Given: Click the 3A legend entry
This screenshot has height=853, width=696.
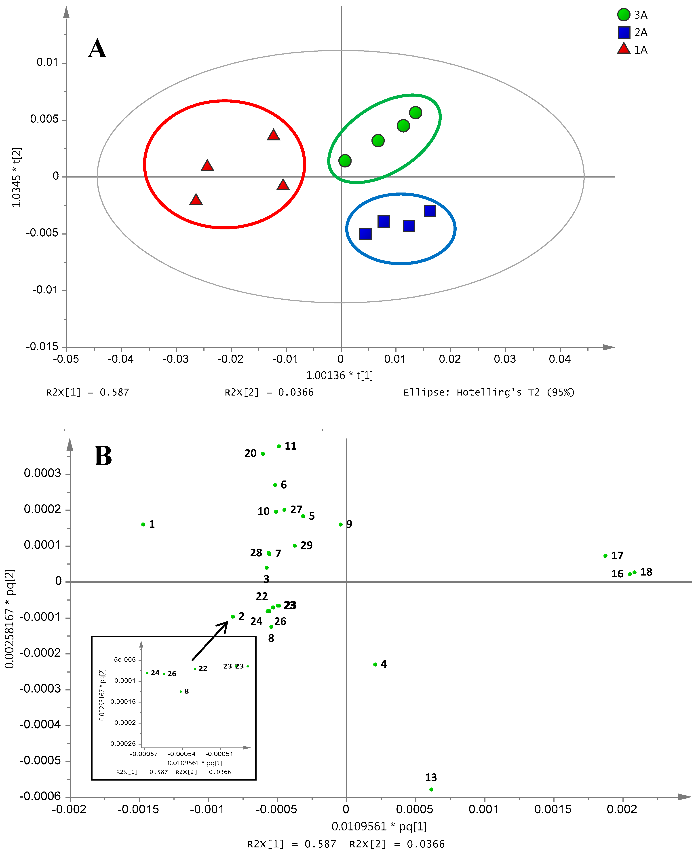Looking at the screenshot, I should [x=632, y=15].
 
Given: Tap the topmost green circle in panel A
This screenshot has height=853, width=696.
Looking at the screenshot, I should [x=415, y=113].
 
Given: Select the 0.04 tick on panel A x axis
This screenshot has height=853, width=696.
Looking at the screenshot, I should [x=560, y=359].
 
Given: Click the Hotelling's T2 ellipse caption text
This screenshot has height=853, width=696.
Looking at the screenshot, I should [x=489, y=392].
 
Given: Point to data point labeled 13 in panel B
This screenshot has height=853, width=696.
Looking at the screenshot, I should [x=431, y=789].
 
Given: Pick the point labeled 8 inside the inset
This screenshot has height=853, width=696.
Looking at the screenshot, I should [x=181, y=691].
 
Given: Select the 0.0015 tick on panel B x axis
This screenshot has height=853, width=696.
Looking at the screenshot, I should [x=553, y=809].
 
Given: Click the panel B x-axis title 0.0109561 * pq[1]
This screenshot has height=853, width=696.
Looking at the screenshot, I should [x=379, y=827].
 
